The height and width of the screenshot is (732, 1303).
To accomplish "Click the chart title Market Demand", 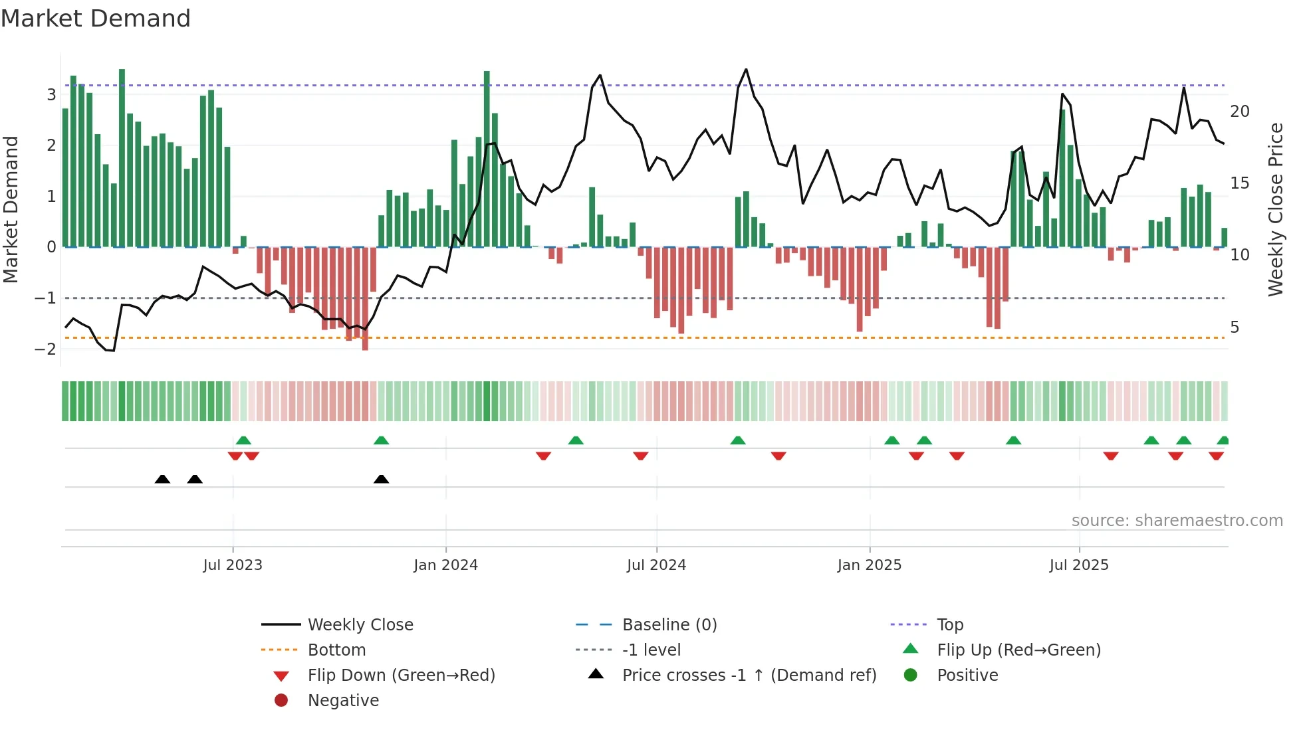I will [x=96, y=19].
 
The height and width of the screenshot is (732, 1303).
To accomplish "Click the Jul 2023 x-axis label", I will [x=233, y=565].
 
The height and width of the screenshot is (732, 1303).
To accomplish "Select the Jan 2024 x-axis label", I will [x=445, y=565].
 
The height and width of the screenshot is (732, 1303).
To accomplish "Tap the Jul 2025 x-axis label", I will [x=1079, y=565].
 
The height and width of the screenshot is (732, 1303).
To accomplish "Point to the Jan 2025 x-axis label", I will [x=869, y=565].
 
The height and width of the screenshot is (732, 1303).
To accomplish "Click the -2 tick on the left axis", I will [x=45, y=349].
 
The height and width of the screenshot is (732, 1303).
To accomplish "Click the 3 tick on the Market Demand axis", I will [x=51, y=94].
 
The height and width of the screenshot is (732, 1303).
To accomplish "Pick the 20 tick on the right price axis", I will [x=1239, y=112].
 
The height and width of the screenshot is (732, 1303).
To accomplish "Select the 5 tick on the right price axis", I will [x=1235, y=327].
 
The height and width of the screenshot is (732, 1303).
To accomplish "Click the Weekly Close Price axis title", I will [x=1275, y=209].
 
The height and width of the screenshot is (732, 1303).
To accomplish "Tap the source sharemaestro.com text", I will [x=1177, y=521].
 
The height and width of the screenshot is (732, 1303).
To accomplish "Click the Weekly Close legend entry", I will [x=360, y=625].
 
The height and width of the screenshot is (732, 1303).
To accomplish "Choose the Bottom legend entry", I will [x=336, y=650].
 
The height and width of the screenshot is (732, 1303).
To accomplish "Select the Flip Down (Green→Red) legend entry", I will [x=401, y=676].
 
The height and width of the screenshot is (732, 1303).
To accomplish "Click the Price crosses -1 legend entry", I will [x=749, y=676].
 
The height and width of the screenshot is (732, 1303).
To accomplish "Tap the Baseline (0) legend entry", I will [x=669, y=625].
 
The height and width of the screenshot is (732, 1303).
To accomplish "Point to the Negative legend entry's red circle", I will [x=281, y=701].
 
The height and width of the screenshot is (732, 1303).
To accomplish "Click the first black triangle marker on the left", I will [x=162, y=479].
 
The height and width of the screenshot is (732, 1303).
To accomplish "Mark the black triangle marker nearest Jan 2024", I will [x=381, y=479].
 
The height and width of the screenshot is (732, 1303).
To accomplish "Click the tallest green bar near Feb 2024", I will [x=487, y=159].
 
